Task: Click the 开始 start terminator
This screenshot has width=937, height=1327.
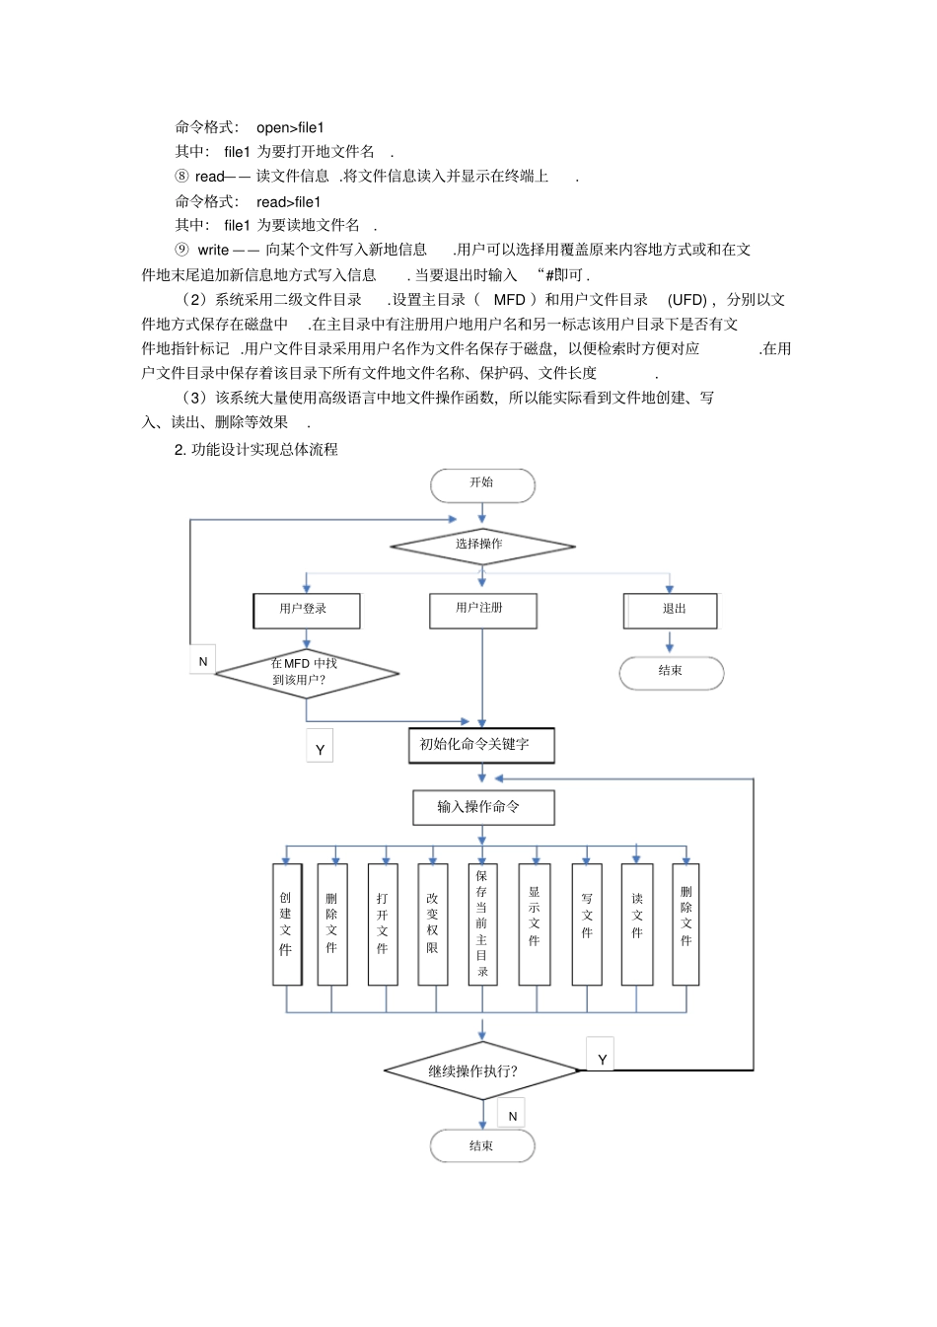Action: pos(482,484)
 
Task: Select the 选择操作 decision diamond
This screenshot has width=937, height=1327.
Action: pos(481,545)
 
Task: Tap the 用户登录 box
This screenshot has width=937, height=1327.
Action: pos(306,610)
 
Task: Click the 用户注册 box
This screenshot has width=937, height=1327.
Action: pos(482,610)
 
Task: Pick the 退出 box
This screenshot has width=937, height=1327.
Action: pos(671,610)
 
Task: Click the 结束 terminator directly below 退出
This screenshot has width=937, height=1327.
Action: pos(671,672)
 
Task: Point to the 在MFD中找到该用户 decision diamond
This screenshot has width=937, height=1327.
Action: pos(306,673)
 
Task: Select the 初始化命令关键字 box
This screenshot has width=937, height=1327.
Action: pos(481,745)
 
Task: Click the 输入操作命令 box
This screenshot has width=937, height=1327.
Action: pos(482,807)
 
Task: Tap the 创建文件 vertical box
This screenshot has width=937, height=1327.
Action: pos(286,923)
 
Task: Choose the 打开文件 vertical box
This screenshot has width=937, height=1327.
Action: pos(383,923)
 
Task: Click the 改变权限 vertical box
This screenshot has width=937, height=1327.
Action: pos(432,923)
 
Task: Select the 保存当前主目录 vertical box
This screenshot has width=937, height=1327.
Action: pos(482,923)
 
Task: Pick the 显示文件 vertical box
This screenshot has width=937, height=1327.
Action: pos(534,923)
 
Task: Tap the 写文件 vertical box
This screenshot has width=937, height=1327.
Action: pos(587,923)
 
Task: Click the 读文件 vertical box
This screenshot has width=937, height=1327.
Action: pos(637,923)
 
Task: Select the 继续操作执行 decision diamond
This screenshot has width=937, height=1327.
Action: pos(481,1070)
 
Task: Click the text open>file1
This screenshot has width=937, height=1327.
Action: pos(290,127)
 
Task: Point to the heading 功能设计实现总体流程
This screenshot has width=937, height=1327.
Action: pos(264,450)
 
